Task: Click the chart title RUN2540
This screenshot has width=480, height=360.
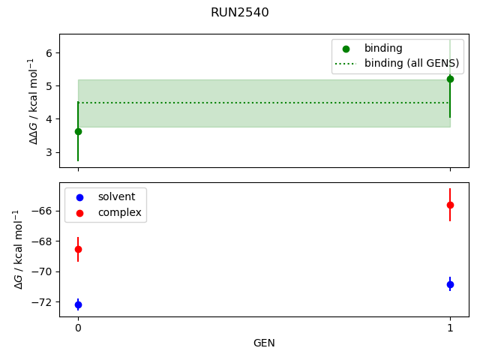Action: pyautogui.click(x=239, y=13)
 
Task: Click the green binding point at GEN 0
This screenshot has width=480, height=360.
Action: pyautogui.click(x=78, y=131)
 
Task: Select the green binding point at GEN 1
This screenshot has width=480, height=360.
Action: pyautogui.click(x=450, y=79)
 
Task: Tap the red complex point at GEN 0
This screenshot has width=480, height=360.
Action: pyautogui.click(x=78, y=249)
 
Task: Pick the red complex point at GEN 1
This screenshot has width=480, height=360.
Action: pyautogui.click(x=450, y=205)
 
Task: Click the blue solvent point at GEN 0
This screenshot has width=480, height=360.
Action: pyautogui.click(x=78, y=304)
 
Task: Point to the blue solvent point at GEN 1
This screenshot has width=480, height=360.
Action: pyautogui.click(x=450, y=284)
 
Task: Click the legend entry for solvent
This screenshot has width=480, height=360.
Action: pyautogui.click(x=116, y=196)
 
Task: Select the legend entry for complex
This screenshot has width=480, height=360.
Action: pyautogui.click(x=119, y=213)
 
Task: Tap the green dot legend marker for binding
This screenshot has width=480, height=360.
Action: pyautogui.click(x=346, y=49)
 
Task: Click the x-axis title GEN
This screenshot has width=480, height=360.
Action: pyautogui.click(x=264, y=343)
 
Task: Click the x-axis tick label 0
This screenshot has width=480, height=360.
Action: pyautogui.click(x=78, y=328)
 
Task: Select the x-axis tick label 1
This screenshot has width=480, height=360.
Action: pyautogui.click(x=450, y=328)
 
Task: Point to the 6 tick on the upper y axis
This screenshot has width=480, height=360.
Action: pyautogui.click(x=49, y=52)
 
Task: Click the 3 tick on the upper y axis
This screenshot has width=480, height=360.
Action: pyautogui.click(x=49, y=152)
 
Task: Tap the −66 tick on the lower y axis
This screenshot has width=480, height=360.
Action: pyautogui.click(x=43, y=210)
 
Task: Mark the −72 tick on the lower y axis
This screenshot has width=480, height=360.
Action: pyautogui.click(x=43, y=302)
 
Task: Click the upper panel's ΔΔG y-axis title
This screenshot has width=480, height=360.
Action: pyautogui.click(x=33, y=100)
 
